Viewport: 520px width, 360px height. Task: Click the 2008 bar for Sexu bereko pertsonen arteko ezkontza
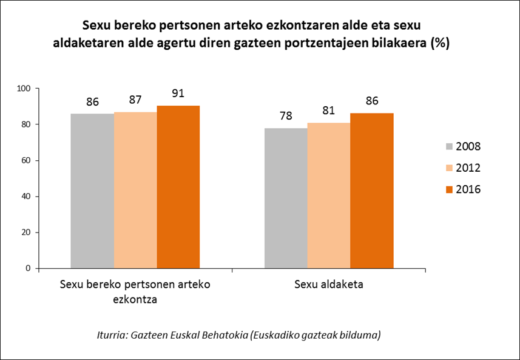point(92,191)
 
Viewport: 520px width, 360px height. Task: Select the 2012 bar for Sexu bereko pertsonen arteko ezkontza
point(135,190)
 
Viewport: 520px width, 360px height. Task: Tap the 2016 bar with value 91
point(178,187)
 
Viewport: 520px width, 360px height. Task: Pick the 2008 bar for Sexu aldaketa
point(286,198)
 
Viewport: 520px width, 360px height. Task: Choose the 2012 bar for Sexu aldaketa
point(329,195)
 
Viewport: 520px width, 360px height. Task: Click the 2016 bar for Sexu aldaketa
point(372,191)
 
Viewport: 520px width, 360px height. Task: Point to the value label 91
point(178,93)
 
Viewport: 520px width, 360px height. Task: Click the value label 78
point(286,116)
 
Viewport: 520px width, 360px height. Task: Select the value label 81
point(329,110)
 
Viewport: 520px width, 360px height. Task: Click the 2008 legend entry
point(463,146)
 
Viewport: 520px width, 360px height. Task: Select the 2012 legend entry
point(463,168)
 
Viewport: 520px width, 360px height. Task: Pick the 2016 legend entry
point(463,189)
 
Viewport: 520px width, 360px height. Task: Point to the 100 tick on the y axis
point(24,89)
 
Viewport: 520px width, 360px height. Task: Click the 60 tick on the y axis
point(26,160)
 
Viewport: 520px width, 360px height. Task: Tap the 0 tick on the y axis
point(29,268)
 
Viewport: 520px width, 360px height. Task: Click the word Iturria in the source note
point(112,335)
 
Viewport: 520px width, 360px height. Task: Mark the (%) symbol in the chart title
point(439,44)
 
